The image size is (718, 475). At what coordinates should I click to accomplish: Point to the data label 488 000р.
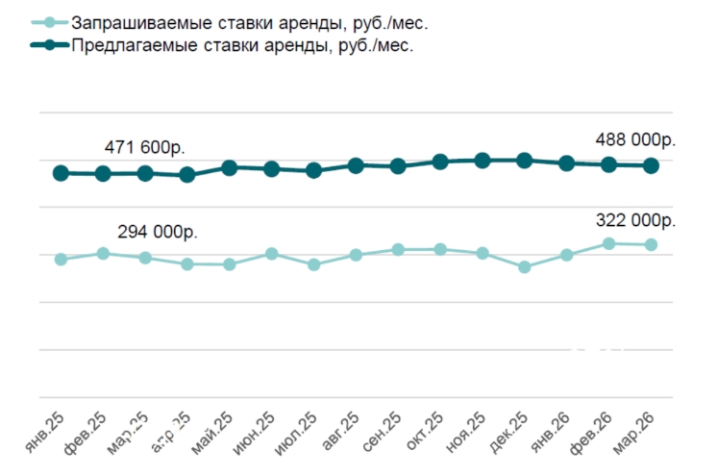[x=636, y=139]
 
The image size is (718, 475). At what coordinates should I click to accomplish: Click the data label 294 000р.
[x=158, y=232]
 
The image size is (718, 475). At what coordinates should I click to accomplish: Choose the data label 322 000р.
[x=636, y=219]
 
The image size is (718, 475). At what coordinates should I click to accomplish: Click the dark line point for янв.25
[x=61, y=173]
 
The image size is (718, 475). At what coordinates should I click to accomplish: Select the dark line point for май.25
[x=230, y=167]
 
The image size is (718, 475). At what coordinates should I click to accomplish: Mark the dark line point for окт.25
[x=440, y=162]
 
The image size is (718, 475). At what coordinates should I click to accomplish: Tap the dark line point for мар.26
[x=651, y=165]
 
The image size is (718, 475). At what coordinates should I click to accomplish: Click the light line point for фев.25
[x=103, y=253]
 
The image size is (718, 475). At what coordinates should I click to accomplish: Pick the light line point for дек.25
[x=525, y=266]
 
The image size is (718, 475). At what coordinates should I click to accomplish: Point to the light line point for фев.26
[x=608, y=244]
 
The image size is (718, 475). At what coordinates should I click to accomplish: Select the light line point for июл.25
[x=313, y=263]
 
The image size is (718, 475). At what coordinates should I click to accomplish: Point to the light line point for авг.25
[x=356, y=255]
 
